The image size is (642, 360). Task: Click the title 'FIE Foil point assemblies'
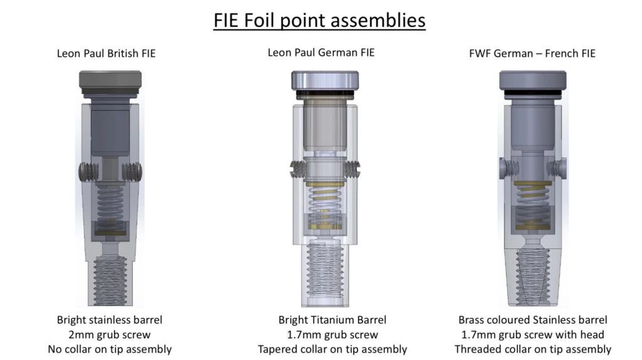coord(319,21)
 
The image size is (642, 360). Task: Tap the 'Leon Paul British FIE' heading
coord(106,54)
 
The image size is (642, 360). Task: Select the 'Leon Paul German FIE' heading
coord(321,53)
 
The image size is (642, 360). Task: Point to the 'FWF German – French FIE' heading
coord(532,54)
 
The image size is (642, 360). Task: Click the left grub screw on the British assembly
coord(89,172)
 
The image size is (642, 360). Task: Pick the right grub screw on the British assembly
coord(132,172)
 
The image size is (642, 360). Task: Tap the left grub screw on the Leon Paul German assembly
coord(298,169)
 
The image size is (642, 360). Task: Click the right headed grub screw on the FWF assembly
coord(557,169)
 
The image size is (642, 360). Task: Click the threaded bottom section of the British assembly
coord(110,280)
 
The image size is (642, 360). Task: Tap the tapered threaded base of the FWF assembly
coord(533,277)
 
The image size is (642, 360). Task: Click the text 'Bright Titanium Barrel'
coord(332,320)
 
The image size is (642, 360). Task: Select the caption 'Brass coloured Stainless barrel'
coord(533,320)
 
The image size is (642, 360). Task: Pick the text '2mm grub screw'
coord(109,335)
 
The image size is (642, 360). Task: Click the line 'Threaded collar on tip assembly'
coord(533,349)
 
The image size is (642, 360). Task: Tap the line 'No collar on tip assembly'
coord(110,349)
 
